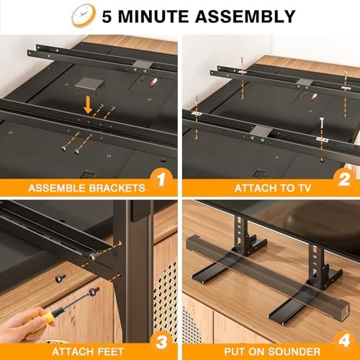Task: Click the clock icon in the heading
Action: [84, 15]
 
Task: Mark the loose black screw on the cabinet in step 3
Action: [60, 297]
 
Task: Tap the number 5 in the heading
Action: [112, 16]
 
